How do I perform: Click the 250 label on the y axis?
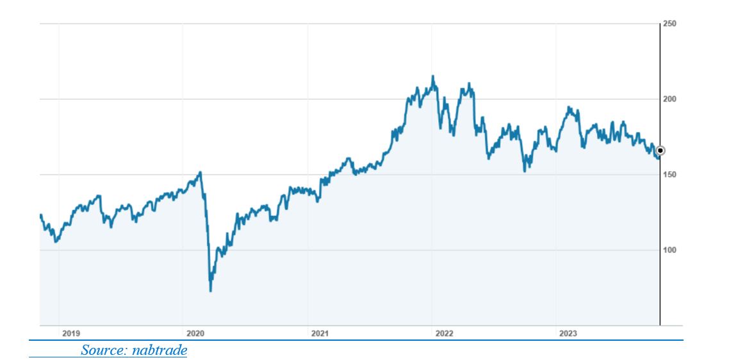pyautogui.click(x=669, y=24)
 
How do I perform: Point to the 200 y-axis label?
pyautogui.click(x=669, y=99)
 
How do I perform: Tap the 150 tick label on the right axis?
pyautogui.click(x=669, y=174)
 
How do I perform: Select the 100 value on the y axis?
pyautogui.click(x=669, y=250)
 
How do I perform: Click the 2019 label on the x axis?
pyautogui.click(x=70, y=333)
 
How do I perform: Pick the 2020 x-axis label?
pyautogui.click(x=195, y=333)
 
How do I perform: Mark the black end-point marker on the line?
pyautogui.click(x=660, y=151)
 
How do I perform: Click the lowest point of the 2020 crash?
pyautogui.click(x=211, y=291)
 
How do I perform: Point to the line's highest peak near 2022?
pyautogui.click(x=433, y=76)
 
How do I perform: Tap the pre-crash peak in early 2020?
pyautogui.click(x=201, y=172)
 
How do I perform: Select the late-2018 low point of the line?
pyautogui.click(x=56, y=242)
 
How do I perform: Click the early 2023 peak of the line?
pyautogui.click(x=569, y=108)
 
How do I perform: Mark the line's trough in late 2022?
pyautogui.click(x=525, y=171)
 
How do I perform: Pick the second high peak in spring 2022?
pyautogui.click(x=470, y=83)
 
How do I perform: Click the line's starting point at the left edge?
pyautogui.click(x=40, y=215)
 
